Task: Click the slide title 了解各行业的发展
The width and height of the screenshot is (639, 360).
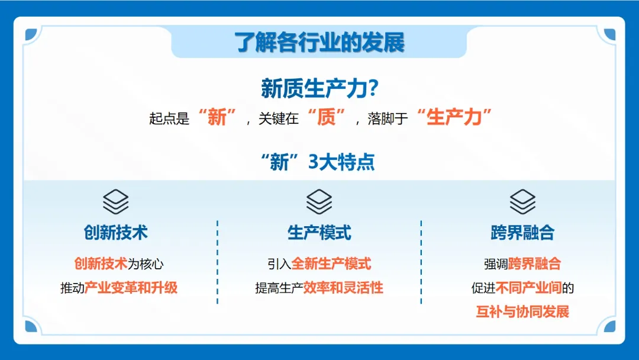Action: coord(319,43)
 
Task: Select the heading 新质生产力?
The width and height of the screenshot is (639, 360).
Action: coord(319,89)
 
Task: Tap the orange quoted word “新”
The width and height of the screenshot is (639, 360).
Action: coord(217,117)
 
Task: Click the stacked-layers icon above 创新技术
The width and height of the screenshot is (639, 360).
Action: coord(115,202)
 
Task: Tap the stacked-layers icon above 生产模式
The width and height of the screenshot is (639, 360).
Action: coord(319,202)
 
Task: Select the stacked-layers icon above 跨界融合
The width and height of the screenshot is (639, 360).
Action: coord(522,202)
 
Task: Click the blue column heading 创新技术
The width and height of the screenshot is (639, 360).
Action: coord(115,233)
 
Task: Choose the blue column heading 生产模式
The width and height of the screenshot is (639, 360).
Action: coord(319,233)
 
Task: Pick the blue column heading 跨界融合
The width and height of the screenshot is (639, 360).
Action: coord(522,233)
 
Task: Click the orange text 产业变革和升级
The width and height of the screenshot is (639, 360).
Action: coord(131,288)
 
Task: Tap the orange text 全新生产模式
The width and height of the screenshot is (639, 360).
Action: coord(331,263)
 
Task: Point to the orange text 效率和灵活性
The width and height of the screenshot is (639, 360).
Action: coord(343,288)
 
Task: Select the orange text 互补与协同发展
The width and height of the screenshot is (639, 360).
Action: coord(522,311)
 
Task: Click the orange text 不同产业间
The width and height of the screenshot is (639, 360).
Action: coord(528,288)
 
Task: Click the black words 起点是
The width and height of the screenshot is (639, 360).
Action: coord(169,118)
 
